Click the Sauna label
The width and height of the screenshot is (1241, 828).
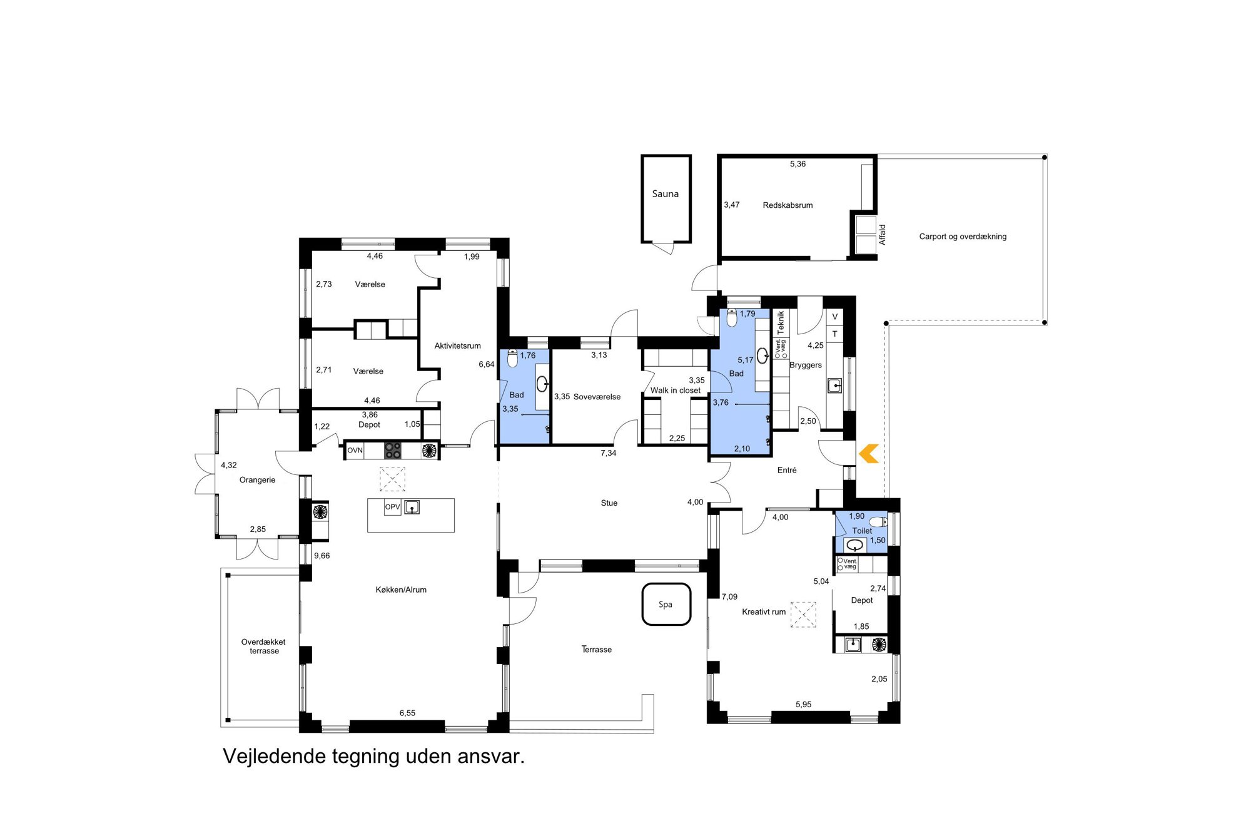665,194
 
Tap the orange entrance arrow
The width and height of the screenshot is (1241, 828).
869,454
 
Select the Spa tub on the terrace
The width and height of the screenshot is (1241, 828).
666,604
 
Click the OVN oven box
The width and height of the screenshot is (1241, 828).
355,450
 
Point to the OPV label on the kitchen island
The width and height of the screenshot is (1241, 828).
392,507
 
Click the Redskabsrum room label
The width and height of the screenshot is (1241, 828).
788,205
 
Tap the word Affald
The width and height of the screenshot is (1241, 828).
882,235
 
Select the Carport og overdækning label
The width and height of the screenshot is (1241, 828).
963,237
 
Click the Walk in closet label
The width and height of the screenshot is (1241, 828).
676,391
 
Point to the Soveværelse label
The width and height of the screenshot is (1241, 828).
597,397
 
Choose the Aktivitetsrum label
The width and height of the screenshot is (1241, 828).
458,345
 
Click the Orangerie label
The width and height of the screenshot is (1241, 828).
257,480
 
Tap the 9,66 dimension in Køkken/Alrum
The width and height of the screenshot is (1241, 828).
322,556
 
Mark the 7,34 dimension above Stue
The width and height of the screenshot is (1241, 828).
609,453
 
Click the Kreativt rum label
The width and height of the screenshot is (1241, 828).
764,612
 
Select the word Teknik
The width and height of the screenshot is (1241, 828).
781,322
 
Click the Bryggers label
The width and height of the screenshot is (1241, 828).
806,365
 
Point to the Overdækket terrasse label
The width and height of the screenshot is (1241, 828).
264,647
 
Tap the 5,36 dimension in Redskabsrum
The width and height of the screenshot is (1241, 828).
798,164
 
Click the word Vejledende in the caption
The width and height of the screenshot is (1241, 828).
275,756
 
